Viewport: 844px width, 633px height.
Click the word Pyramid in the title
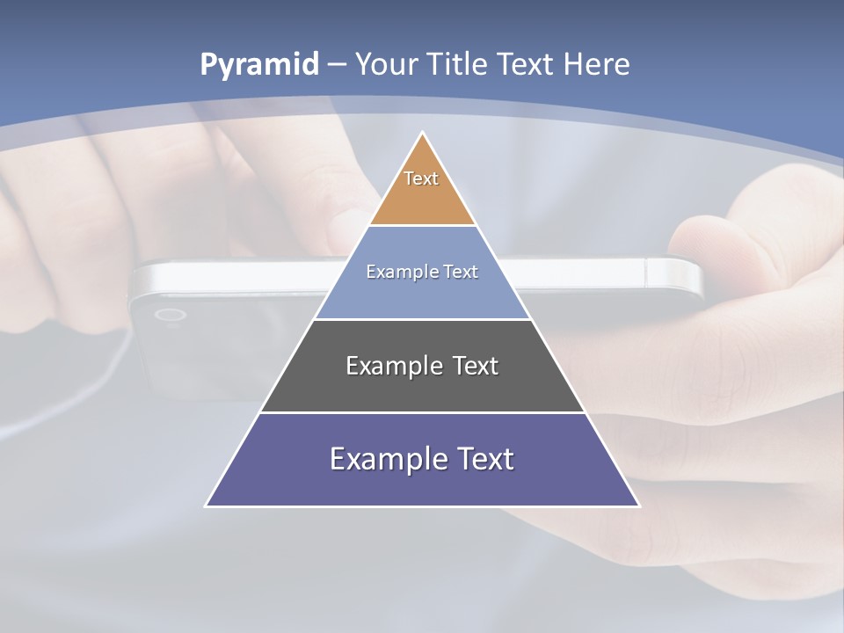coord(258,64)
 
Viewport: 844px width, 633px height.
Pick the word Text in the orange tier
coord(421,178)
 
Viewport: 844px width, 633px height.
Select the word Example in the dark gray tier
coord(386,366)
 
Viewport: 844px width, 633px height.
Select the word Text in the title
coord(527,64)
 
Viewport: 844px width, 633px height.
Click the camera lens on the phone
coord(169,315)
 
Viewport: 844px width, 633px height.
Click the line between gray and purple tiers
coord(423,412)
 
